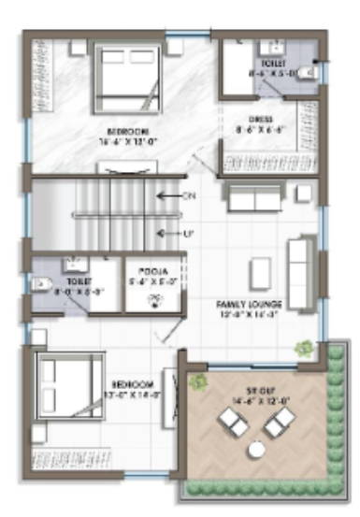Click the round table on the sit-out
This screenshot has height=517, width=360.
pyautogui.click(x=255, y=451)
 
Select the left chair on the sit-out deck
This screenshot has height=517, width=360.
pyautogui.click(x=233, y=424)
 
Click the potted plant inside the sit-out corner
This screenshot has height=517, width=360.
pyautogui.click(x=197, y=381)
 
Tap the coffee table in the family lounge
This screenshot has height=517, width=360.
pyautogui.click(x=260, y=273)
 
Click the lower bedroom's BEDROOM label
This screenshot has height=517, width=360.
pyautogui.click(x=132, y=385)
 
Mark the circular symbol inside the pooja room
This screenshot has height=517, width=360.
pyautogui.click(x=156, y=301)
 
